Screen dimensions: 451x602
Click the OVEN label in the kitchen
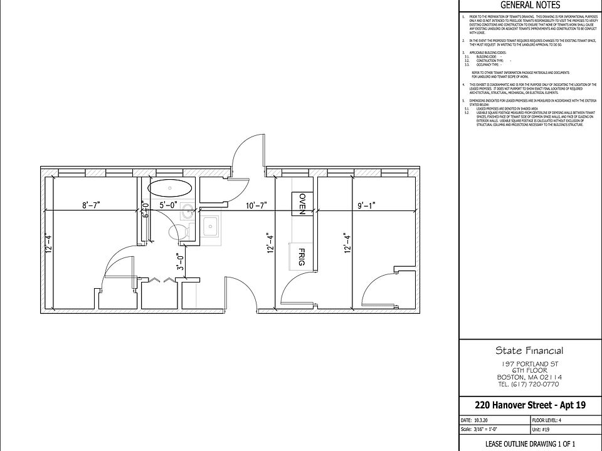click(x=302, y=204)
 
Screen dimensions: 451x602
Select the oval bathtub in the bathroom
click(x=170, y=188)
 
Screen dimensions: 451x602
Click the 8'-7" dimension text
click(x=92, y=204)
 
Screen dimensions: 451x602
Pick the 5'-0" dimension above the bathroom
click(x=168, y=204)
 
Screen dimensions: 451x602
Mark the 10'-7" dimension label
click(x=257, y=204)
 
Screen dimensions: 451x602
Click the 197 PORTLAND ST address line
click(x=530, y=363)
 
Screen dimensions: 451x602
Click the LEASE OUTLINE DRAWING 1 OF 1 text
click(x=530, y=443)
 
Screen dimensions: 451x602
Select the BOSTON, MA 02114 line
click(x=530, y=377)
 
